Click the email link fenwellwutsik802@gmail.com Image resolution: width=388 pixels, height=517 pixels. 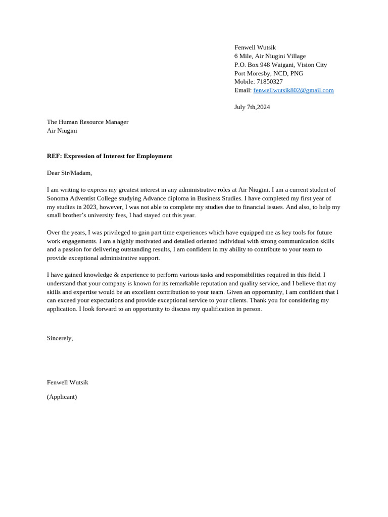(x=293, y=90)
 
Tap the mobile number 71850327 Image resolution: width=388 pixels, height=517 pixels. (x=269, y=82)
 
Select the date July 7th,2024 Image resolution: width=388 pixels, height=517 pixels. (x=252, y=107)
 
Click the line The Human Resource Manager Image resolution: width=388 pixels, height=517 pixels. (x=87, y=122)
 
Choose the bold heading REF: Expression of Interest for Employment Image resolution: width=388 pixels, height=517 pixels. (x=109, y=156)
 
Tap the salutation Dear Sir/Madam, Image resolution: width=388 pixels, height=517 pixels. (x=69, y=173)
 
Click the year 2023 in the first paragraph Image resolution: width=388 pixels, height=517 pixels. (x=90, y=207)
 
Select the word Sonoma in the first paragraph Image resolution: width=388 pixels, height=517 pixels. (x=58, y=198)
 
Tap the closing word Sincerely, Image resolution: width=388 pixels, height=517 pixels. (x=60, y=338)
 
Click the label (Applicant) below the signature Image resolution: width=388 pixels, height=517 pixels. (x=62, y=397)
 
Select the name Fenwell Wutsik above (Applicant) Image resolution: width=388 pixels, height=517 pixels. (x=67, y=383)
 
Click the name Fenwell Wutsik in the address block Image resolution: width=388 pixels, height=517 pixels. (x=255, y=47)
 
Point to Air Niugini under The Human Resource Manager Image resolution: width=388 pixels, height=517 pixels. (x=62, y=131)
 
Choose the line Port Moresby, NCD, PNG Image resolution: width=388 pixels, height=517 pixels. (x=268, y=73)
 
